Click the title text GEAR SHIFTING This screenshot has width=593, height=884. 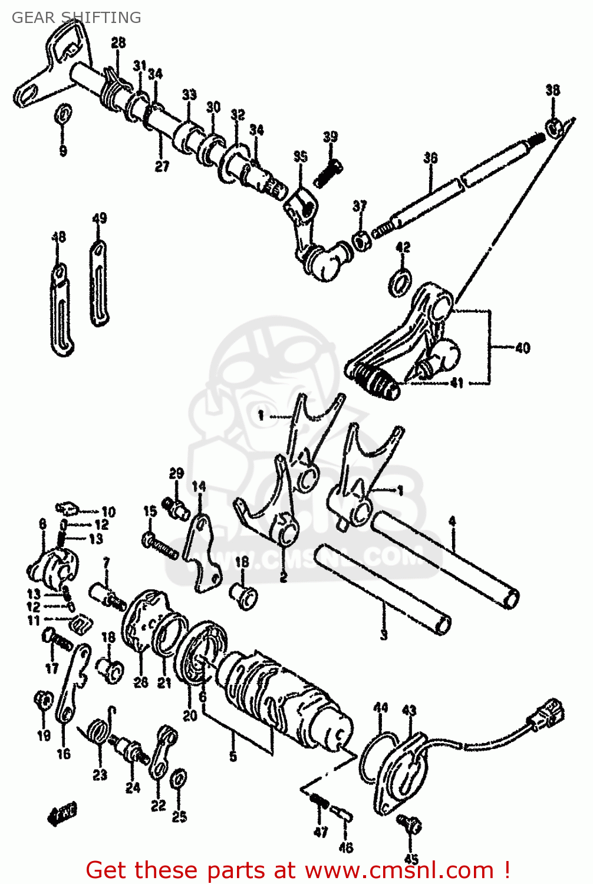click(76, 18)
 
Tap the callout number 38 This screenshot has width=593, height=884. click(552, 90)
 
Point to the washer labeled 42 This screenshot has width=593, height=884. click(400, 281)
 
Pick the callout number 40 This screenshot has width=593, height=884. click(522, 348)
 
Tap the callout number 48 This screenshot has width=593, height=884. click(58, 237)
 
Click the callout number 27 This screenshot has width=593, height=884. click(162, 166)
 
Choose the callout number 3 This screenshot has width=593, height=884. click(384, 635)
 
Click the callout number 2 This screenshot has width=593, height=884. click(284, 577)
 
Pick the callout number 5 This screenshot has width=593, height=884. click(233, 756)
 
